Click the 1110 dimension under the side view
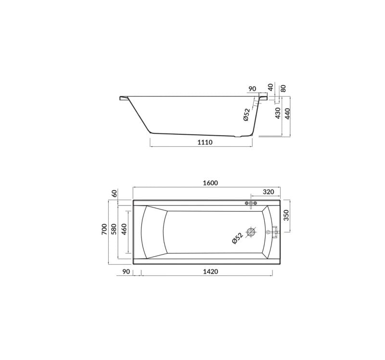(205, 142)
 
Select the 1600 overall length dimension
(210, 183)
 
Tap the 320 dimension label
(269, 192)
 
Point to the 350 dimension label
(286, 215)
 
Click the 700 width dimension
(104, 229)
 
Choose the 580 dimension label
(114, 229)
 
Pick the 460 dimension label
(124, 229)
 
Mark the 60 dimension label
(115, 193)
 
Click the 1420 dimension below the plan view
(210, 271)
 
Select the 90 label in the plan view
(126, 271)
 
